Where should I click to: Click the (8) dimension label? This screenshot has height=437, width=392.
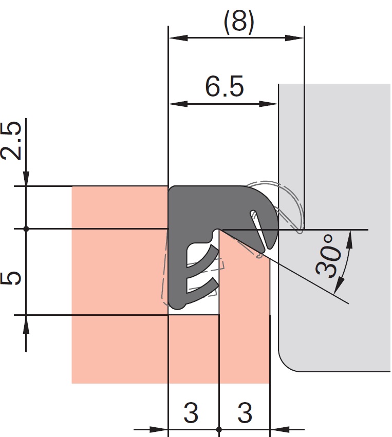239,22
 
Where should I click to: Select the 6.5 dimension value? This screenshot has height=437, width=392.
225,86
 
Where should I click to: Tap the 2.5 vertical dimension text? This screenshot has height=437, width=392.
11,141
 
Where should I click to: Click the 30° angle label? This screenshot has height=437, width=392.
328,256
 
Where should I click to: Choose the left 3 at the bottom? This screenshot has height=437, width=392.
191,412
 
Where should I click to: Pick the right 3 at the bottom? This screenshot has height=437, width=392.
245,412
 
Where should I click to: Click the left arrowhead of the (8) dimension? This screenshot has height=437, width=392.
178,37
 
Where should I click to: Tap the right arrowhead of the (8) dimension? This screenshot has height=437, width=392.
294,37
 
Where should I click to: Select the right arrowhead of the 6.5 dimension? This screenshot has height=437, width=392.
269,104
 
